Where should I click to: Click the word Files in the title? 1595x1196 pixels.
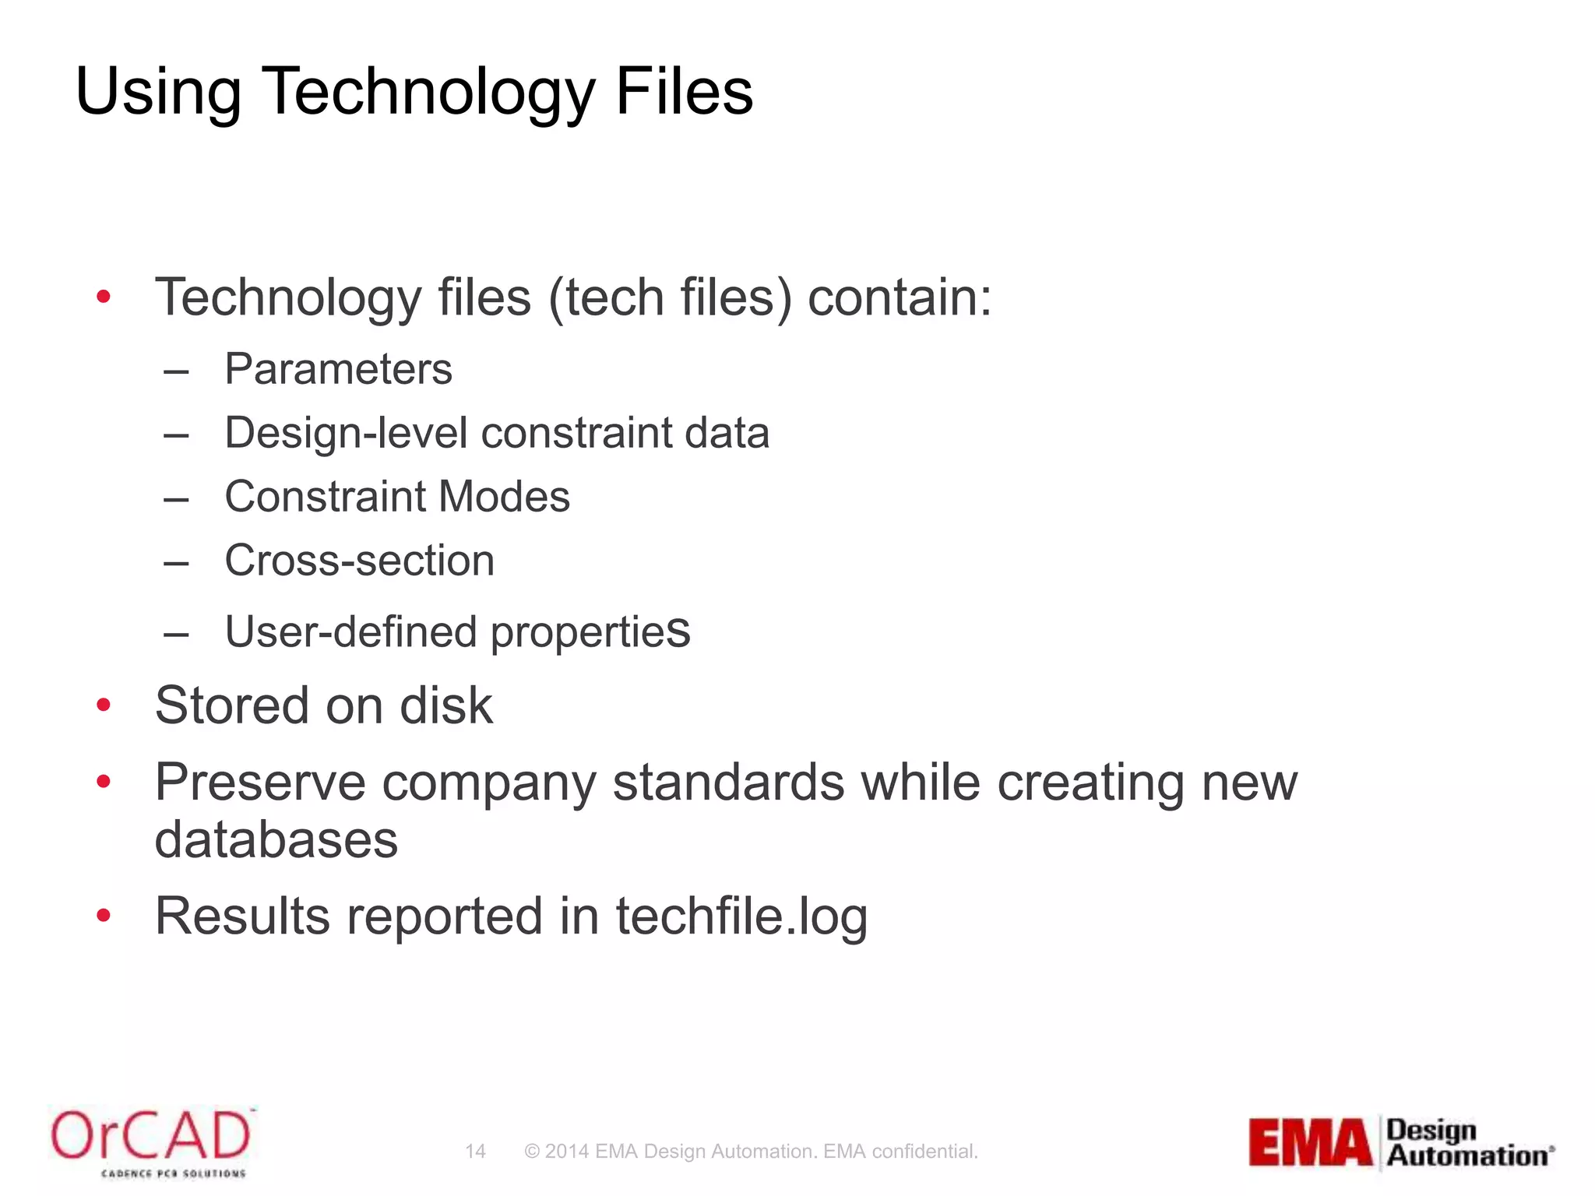(684, 92)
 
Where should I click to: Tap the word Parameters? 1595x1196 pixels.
(338, 369)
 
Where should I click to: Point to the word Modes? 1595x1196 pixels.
(504, 497)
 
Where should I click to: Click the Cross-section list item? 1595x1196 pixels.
(359, 561)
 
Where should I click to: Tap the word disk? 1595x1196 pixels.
(445, 705)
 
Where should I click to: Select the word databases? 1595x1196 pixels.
(276, 840)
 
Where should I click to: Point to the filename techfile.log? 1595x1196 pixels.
(741, 916)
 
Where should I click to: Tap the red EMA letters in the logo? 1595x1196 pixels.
(1311, 1142)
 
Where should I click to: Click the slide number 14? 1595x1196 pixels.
(475, 1152)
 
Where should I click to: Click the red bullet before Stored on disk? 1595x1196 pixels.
(104, 705)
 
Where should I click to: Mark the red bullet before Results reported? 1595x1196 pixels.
(104, 916)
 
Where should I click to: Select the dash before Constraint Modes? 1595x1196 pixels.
(177, 498)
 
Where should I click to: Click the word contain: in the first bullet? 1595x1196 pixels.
(900, 297)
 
